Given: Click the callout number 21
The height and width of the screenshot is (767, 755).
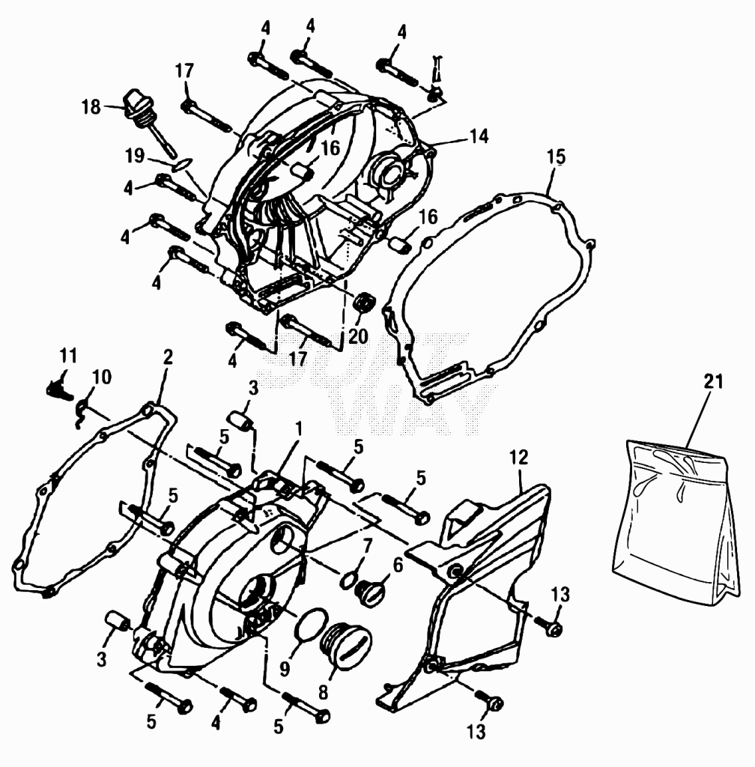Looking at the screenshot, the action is (x=714, y=381).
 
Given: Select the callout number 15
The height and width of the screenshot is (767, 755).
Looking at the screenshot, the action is (x=556, y=157).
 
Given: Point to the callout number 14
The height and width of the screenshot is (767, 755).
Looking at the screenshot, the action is (x=479, y=136).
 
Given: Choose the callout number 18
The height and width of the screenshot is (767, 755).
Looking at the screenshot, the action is (x=91, y=106).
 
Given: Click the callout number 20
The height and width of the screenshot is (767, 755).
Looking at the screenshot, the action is (x=358, y=336).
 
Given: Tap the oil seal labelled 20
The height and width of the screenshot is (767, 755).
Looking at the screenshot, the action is (x=363, y=303).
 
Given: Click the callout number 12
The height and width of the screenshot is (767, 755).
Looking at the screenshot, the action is (x=519, y=458).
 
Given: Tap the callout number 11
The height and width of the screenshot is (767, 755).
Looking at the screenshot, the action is (x=68, y=356).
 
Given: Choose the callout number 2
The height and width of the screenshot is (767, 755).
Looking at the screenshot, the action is (x=168, y=357).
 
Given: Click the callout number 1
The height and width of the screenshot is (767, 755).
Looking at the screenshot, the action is (x=298, y=429).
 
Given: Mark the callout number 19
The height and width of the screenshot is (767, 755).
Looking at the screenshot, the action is (x=135, y=156).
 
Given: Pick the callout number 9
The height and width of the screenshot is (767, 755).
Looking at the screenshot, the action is (x=285, y=669).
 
